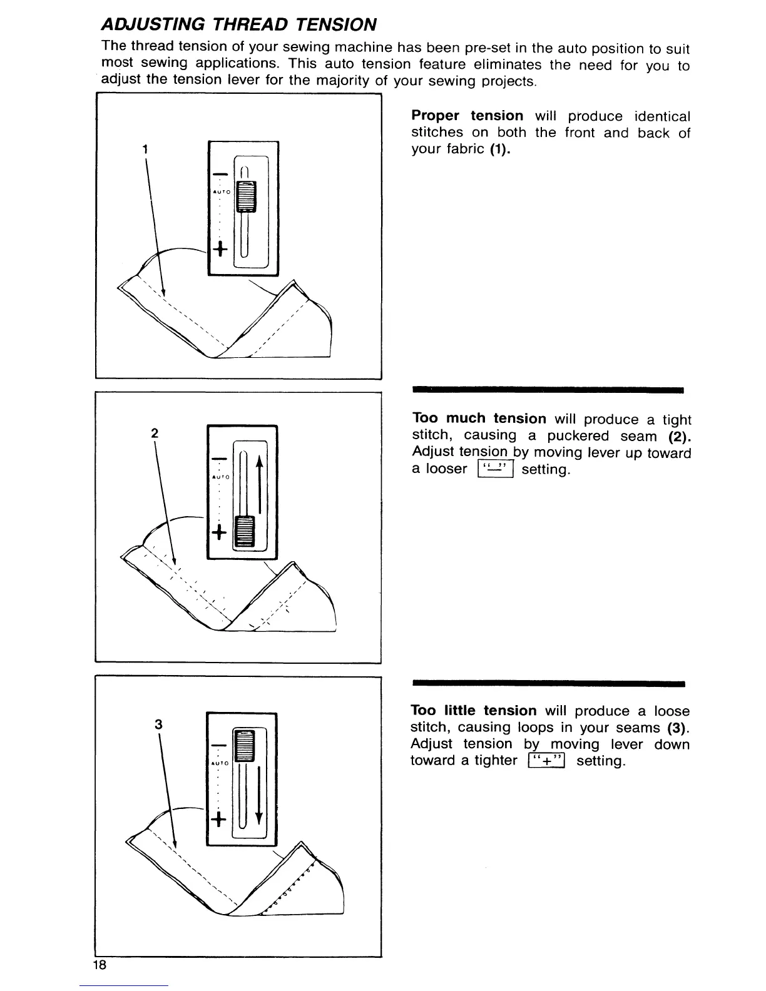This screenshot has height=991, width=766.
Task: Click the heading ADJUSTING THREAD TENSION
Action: pos(238,24)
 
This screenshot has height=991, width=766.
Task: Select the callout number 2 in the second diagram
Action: pos(154,433)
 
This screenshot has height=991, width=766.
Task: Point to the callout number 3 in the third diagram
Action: pos(159,724)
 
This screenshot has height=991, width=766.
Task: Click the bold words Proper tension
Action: pos(467,116)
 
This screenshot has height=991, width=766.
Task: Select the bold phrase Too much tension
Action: pos(479,419)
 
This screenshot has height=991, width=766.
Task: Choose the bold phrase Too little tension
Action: pos(474,711)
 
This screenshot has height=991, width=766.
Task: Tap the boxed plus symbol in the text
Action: pos(546,761)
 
